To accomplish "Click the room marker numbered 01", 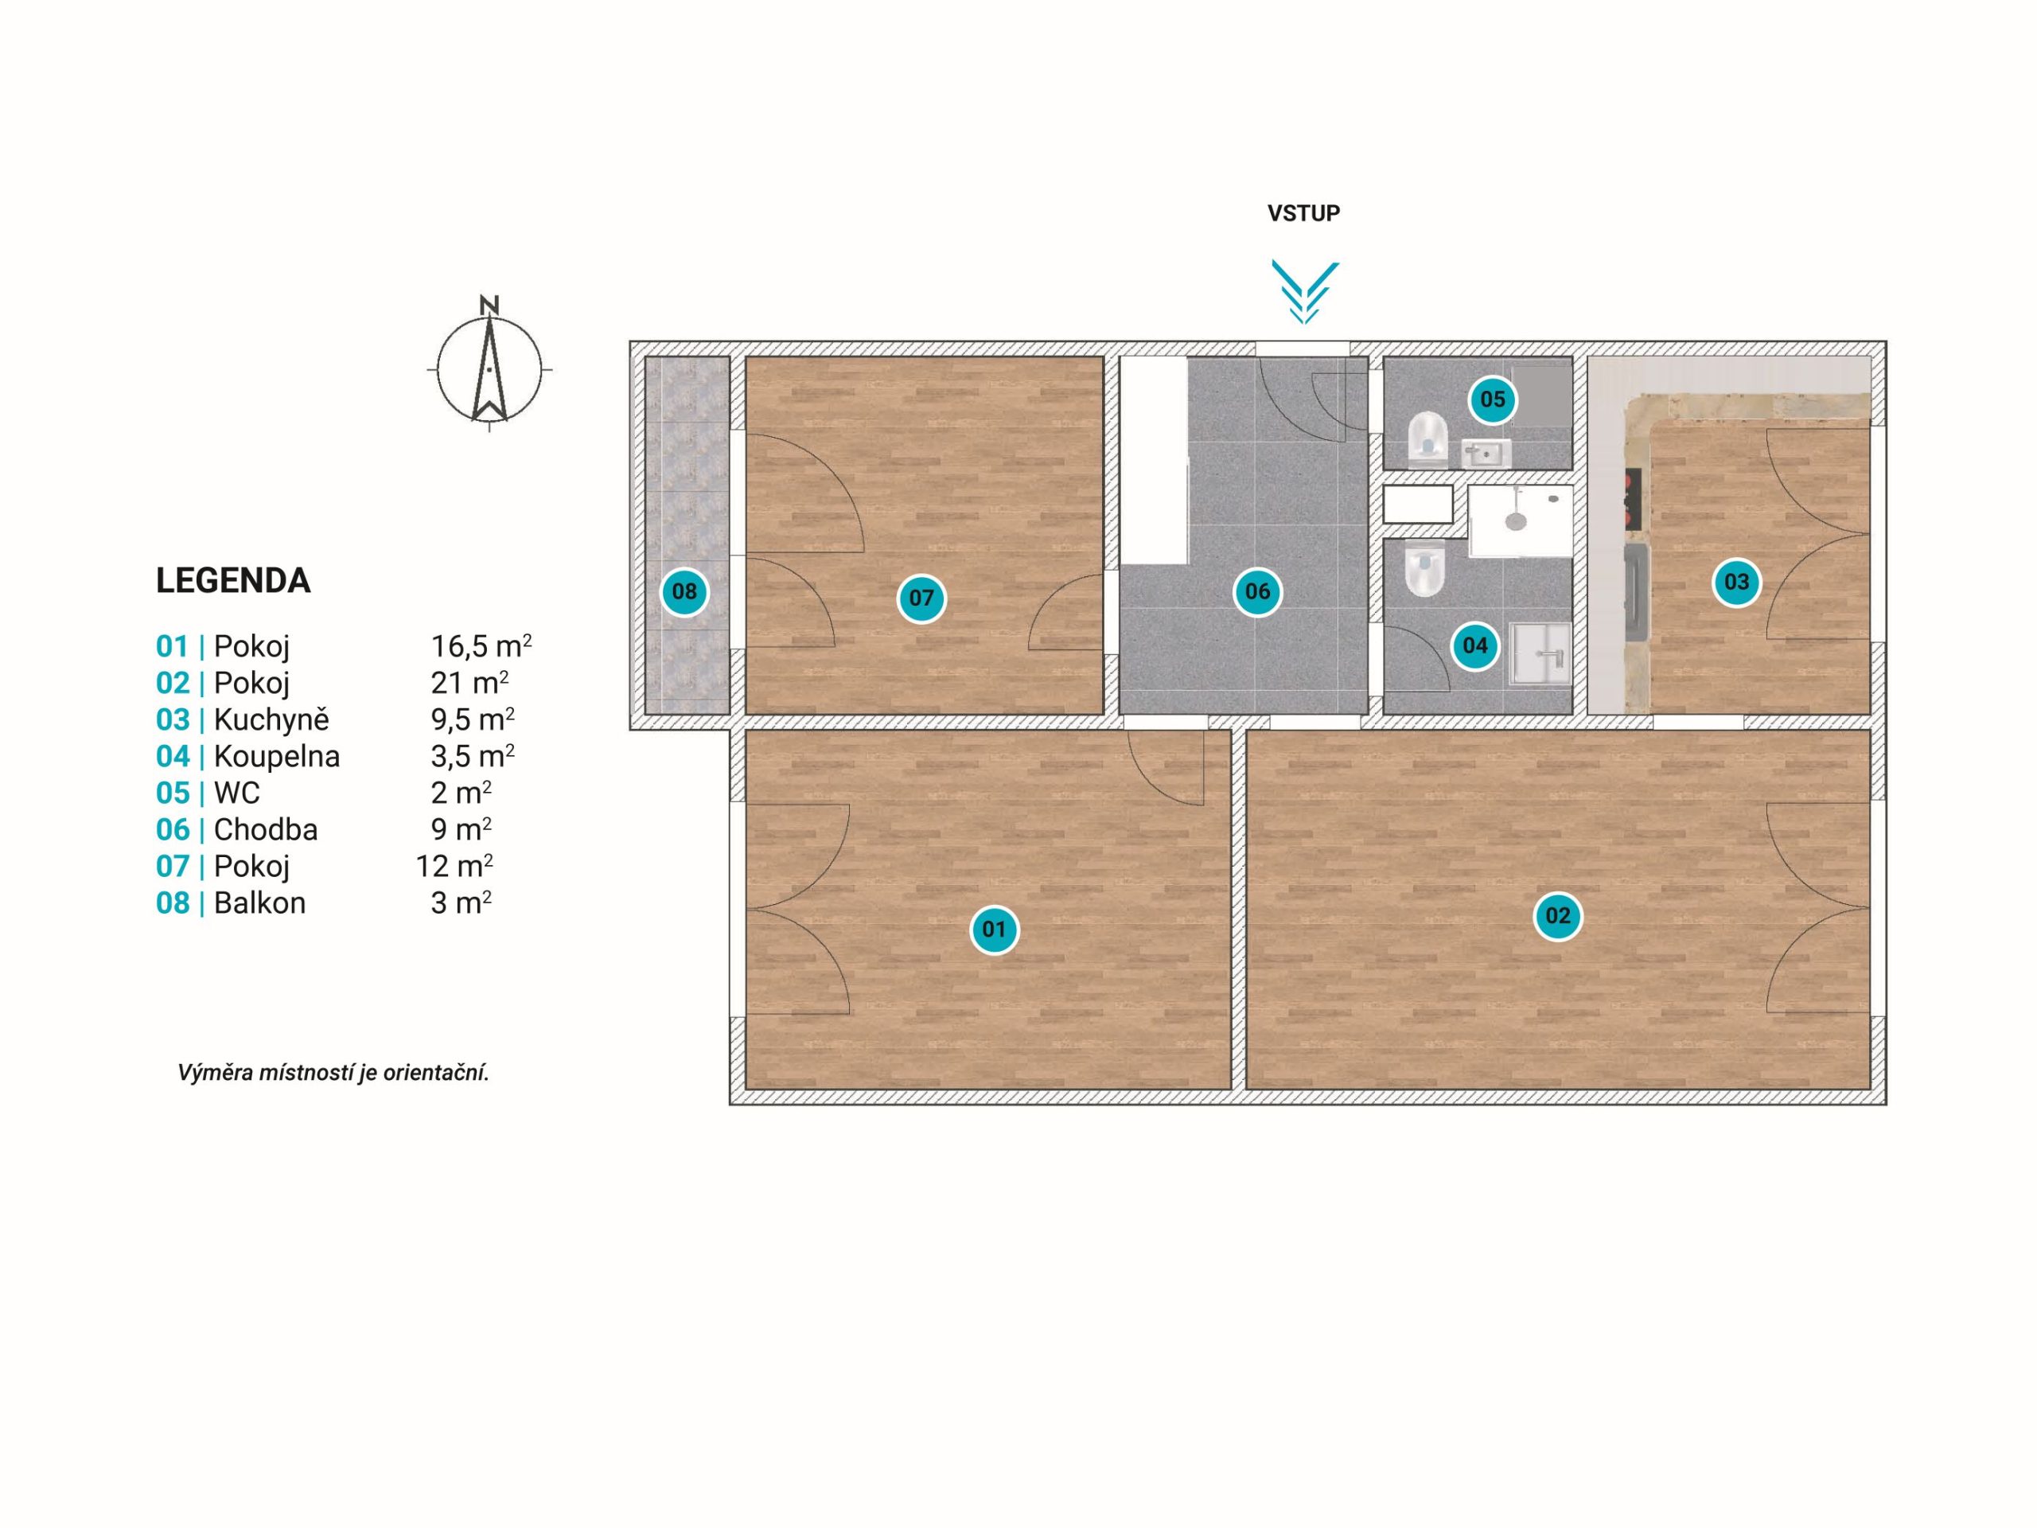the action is (x=994, y=930).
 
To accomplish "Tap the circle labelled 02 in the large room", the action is (x=1557, y=915).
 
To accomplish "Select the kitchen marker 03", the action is (x=1736, y=582).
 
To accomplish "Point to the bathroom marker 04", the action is (x=1474, y=645).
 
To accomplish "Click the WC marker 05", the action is (x=1492, y=399).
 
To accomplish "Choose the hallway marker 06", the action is (x=1257, y=591).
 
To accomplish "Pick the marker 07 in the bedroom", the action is (x=921, y=598).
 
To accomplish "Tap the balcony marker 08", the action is (x=684, y=591).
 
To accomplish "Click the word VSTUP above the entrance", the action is (x=1303, y=212).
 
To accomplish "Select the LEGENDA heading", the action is (x=233, y=581).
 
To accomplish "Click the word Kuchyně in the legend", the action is (x=271, y=719).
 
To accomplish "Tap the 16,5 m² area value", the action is (x=481, y=645).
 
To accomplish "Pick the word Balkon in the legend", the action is (x=259, y=902).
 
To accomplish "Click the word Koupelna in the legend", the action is (x=277, y=757).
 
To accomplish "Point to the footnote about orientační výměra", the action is (x=333, y=1073).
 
